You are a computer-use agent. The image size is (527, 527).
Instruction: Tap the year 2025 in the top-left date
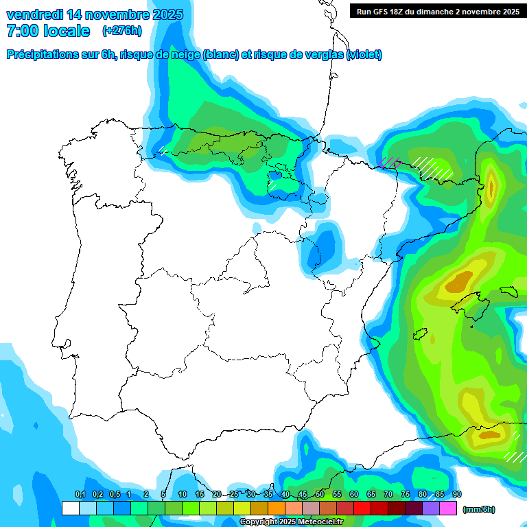(163, 14)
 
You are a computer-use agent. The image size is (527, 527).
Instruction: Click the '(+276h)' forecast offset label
(121, 31)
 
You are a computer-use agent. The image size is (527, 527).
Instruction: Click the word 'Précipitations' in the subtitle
(43, 55)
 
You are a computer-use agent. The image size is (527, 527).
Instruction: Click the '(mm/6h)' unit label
(479, 509)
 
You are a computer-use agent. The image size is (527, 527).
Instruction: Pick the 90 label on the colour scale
(457, 494)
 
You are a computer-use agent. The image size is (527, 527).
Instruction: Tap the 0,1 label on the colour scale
(80, 494)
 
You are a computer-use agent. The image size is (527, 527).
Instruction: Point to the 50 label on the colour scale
(320, 494)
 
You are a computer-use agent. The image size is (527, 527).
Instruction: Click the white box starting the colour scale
(70, 508)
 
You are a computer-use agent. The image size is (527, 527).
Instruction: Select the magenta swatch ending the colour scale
(448, 508)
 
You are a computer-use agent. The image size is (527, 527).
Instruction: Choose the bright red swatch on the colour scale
(362, 508)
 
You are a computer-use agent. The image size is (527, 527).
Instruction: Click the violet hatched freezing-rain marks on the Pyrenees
(390, 163)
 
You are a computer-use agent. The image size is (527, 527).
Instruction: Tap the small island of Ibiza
(421, 335)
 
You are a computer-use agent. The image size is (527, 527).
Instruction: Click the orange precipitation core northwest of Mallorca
(459, 281)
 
